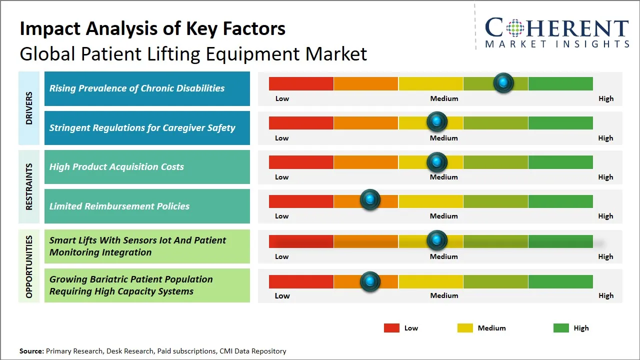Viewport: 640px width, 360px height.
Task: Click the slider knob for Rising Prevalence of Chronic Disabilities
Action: pos(503,83)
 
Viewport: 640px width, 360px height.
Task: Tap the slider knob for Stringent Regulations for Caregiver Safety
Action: pos(437,122)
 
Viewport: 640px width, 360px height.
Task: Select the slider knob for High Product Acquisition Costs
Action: pos(437,162)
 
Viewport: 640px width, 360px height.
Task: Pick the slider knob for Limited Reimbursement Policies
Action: pos(370,200)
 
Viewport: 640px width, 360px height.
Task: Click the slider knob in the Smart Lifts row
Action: pos(437,240)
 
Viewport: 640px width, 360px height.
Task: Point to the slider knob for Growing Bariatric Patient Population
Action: pos(370,281)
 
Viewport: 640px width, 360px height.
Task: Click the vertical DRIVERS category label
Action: pos(29,108)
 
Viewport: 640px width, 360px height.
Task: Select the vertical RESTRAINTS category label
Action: pos(29,186)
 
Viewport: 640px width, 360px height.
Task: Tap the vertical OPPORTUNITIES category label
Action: pos(29,266)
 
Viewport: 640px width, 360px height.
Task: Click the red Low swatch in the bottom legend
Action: pos(391,328)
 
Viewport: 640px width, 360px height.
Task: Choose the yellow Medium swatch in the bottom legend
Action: pos(465,328)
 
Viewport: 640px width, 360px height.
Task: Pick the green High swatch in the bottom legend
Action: pos(561,328)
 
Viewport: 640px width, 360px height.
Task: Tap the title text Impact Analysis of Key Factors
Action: pos(152,28)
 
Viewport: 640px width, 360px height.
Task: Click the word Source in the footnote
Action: pos(31,351)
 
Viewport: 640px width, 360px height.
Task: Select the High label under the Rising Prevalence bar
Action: pos(605,98)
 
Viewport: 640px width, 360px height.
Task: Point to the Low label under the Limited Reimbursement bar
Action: pos(281,216)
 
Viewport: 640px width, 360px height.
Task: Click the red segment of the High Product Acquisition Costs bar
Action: pos(301,162)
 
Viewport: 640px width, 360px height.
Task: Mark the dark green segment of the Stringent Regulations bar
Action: pos(560,122)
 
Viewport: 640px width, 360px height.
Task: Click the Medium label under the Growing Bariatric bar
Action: pos(444,295)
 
